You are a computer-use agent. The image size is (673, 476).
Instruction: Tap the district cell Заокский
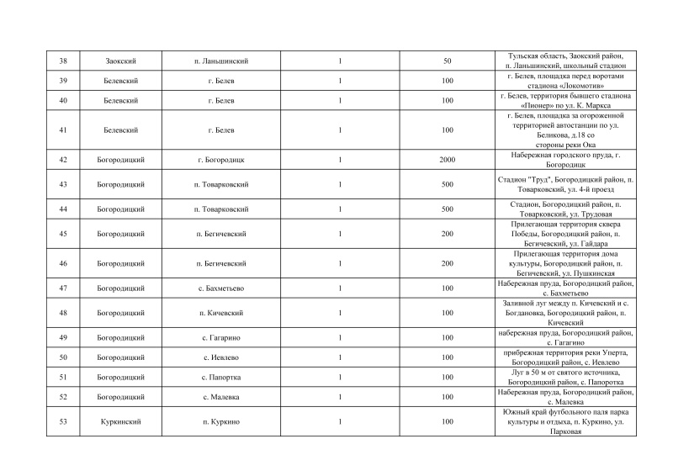122,61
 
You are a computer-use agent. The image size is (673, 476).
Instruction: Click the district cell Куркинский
122,421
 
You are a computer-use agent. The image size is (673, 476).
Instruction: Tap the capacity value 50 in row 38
447,61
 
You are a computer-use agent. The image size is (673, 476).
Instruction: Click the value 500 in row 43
447,184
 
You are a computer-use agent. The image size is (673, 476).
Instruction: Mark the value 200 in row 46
447,263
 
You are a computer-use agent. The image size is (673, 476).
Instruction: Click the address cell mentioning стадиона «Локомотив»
564,81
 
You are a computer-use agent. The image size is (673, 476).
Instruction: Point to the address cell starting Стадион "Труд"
564,184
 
